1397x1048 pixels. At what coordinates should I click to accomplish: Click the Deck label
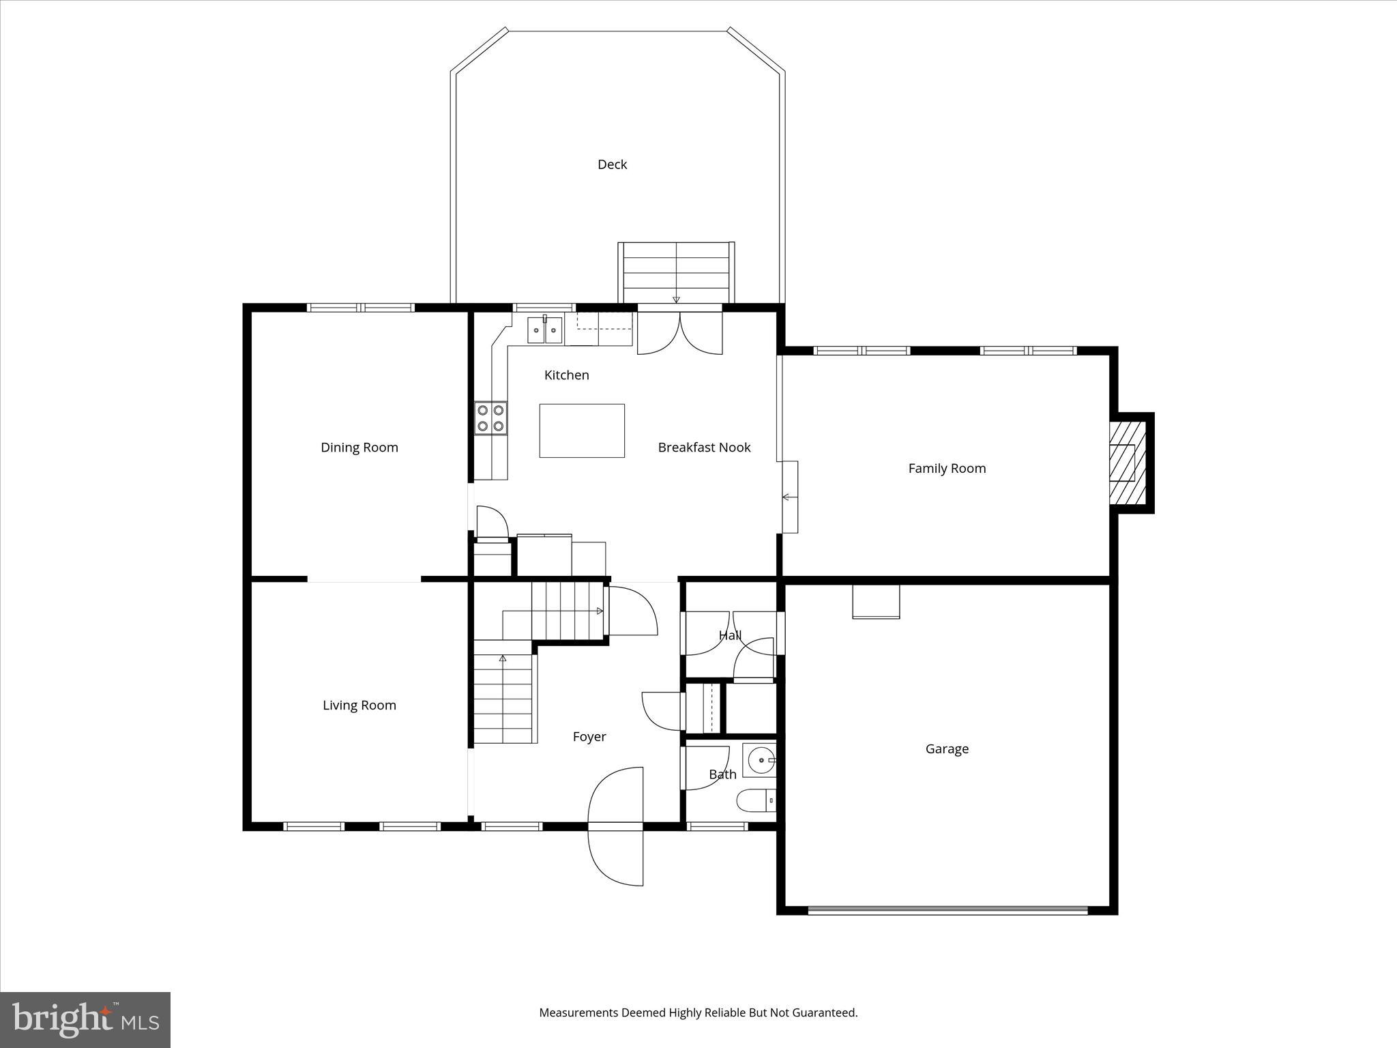(612, 164)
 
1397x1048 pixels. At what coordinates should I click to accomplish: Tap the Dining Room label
(359, 448)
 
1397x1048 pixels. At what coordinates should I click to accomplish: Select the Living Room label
(359, 705)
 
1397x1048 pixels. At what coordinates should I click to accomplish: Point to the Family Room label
(947, 469)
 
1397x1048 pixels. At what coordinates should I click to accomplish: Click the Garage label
(947, 749)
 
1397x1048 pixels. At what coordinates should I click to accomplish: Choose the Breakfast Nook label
(704, 448)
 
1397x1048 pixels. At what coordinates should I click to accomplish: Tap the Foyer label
(589, 737)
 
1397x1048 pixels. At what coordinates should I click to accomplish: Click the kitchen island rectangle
(582, 431)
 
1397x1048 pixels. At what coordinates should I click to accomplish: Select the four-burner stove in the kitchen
(491, 418)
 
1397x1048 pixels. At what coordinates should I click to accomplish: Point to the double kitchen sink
(545, 331)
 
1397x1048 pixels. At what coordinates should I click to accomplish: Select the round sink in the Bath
(760, 760)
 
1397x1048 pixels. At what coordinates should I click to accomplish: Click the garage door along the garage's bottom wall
(947, 909)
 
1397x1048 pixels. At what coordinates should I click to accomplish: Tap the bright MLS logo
(85, 1020)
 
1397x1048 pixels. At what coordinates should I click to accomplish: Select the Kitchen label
(566, 375)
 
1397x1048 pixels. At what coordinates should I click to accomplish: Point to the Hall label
(730, 636)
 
